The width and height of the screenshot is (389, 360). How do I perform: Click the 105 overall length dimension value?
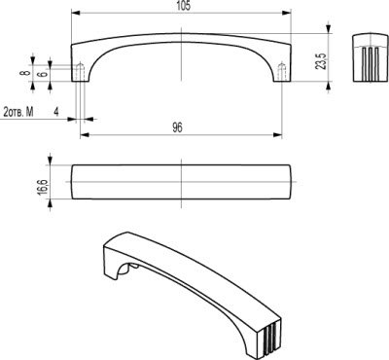coord(184,6)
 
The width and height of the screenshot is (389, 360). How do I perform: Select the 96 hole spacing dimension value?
coord(177,127)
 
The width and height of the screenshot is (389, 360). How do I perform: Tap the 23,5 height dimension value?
coord(321,61)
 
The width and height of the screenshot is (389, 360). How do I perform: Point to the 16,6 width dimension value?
coord(43,187)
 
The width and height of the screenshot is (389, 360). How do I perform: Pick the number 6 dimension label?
coord(43,74)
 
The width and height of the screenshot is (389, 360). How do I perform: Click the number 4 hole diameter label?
coord(56,112)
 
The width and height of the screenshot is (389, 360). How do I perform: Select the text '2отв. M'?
coord(18,112)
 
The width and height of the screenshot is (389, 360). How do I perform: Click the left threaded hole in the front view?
coord(80,72)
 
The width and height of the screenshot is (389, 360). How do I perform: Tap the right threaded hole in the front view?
coord(282,72)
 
